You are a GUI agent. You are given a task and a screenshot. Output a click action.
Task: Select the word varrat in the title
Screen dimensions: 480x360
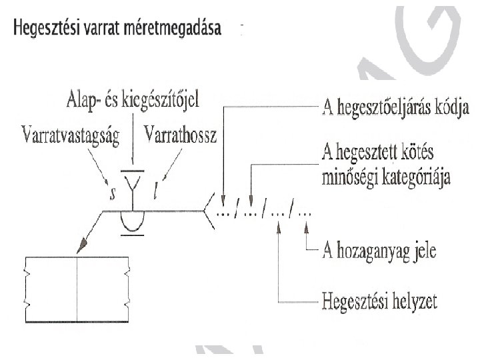[x=103, y=29]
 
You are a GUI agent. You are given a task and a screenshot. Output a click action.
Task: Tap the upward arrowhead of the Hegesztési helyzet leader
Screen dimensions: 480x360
[x=278, y=229]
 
